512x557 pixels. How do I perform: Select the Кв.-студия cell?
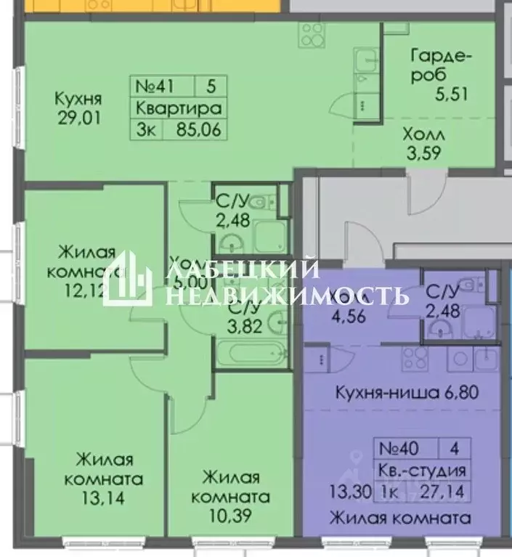[420, 471]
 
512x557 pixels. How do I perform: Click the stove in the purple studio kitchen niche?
[415, 358]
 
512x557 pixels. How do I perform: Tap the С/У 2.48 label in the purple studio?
[443, 303]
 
